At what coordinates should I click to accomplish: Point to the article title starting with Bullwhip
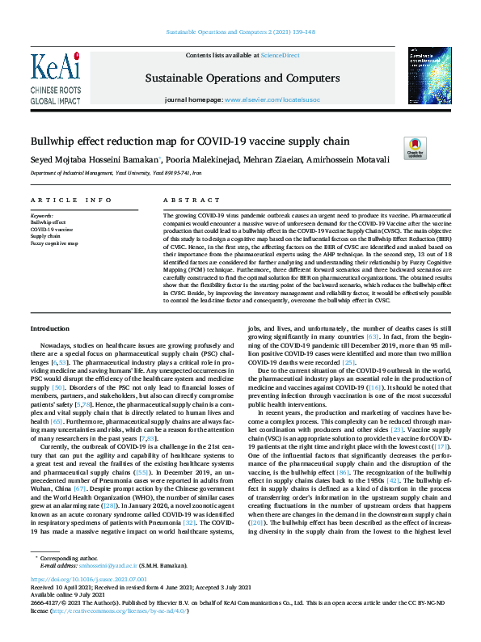[x=179, y=141]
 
